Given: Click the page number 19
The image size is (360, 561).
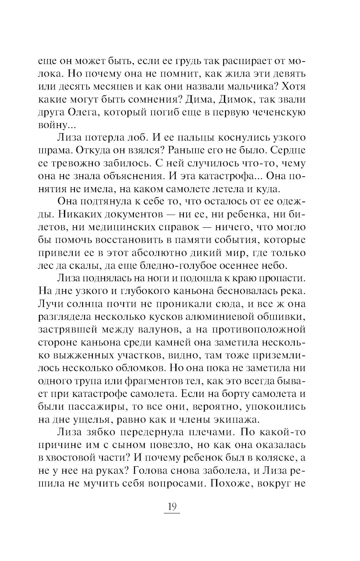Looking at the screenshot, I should tap(171, 507).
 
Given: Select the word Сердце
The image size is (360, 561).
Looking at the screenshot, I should tap(288, 150).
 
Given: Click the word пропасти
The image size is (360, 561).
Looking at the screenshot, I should tap(280, 279).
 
